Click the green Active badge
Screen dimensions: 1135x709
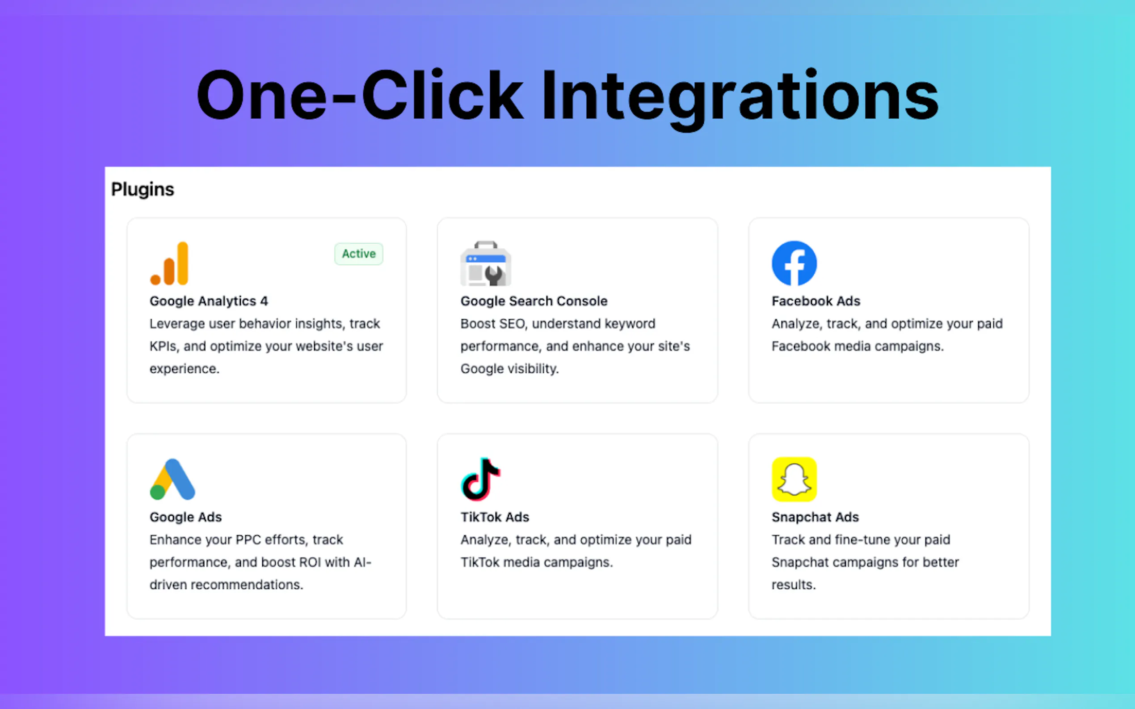(x=358, y=254)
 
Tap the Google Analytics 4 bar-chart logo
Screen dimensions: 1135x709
(x=169, y=263)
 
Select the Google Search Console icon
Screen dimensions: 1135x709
(x=486, y=263)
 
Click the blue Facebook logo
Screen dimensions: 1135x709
(x=794, y=263)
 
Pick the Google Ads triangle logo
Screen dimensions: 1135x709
(x=172, y=479)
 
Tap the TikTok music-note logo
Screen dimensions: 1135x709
(x=480, y=479)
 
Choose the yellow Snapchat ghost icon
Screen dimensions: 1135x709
(x=794, y=479)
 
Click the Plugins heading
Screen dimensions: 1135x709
(x=143, y=189)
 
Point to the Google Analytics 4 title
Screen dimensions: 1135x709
(x=209, y=301)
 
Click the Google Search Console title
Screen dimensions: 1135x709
(x=534, y=301)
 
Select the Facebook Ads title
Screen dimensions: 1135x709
(x=816, y=301)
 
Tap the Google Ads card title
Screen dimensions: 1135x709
(x=186, y=517)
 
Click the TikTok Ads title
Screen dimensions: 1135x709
(x=495, y=517)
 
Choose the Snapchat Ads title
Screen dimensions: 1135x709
(x=816, y=517)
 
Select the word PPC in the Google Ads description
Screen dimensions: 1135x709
(x=248, y=540)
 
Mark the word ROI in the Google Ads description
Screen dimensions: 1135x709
(x=310, y=562)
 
